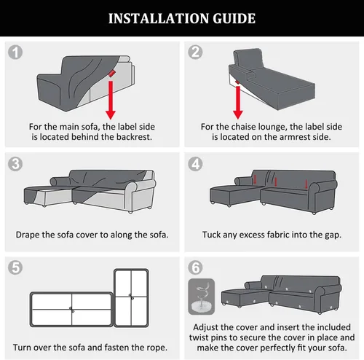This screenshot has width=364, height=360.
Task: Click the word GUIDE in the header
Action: (234, 18)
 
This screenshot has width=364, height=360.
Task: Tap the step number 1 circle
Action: (15, 52)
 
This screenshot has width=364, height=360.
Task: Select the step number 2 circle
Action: (195, 52)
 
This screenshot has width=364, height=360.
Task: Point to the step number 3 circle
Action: (15, 164)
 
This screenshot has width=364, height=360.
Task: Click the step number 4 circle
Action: (195, 164)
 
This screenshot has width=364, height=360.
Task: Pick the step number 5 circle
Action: (15, 267)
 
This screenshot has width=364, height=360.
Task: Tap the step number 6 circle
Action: (195, 267)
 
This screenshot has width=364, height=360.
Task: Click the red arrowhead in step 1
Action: (111, 114)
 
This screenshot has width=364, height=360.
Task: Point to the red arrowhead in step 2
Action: (238, 114)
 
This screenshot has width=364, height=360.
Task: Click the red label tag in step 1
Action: (111, 73)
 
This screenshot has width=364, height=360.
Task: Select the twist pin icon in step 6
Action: (202, 297)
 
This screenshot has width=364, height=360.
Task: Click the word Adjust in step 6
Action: (206, 327)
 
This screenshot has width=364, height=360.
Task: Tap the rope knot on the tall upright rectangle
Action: (131, 297)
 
